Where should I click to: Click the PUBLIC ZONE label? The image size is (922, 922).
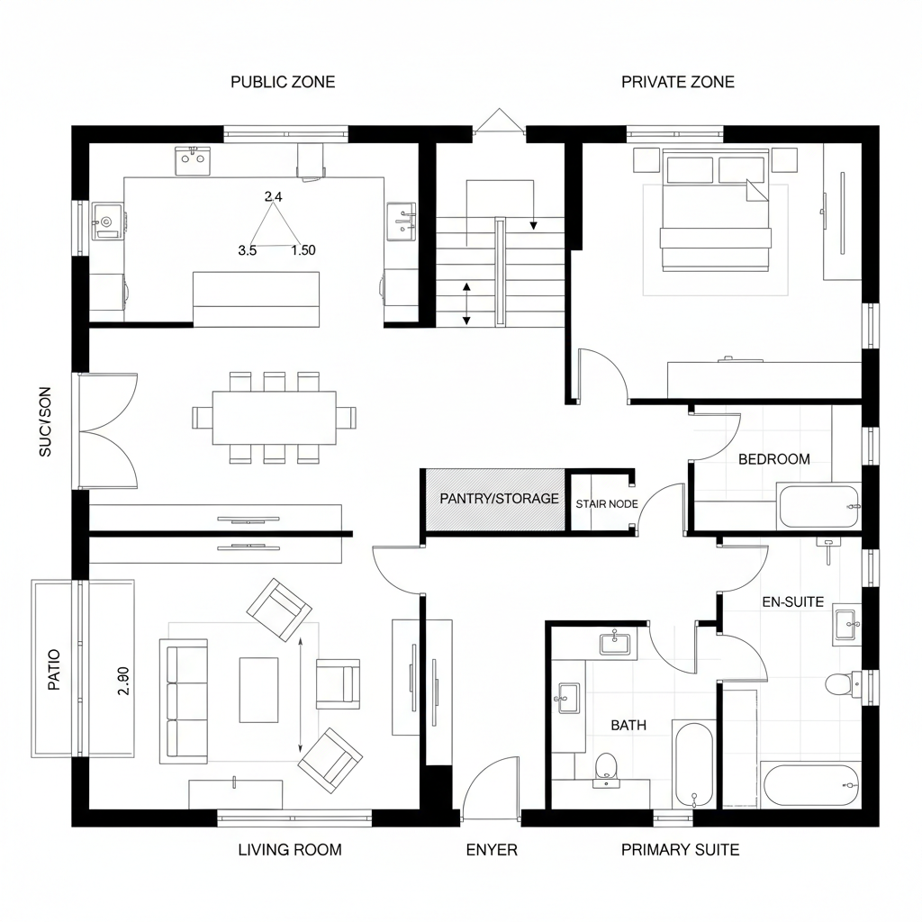[283, 82]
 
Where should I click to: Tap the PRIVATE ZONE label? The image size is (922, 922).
[677, 82]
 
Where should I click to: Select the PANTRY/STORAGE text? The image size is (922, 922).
[499, 499]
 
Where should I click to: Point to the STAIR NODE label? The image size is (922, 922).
[607, 504]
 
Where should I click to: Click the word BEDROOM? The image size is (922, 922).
[773, 459]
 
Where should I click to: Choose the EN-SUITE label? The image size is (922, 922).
[792, 601]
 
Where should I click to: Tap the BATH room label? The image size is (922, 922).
[628, 725]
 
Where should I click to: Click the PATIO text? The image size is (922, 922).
[53, 669]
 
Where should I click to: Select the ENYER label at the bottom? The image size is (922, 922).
[492, 850]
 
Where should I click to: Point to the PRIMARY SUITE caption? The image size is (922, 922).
[680, 850]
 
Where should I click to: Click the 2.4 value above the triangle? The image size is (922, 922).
[274, 196]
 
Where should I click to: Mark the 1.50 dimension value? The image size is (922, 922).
[303, 251]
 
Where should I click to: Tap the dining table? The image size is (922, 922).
[275, 418]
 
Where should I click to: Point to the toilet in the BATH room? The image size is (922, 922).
[606, 765]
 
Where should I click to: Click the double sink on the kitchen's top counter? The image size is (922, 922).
[192, 162]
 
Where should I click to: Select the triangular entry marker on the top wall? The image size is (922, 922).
[499, 122]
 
